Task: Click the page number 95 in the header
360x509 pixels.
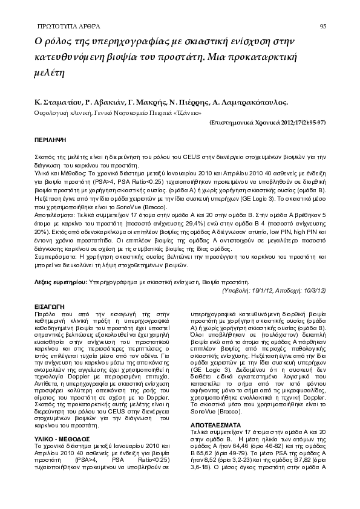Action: (x=323, y=27)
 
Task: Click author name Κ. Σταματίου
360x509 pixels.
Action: (x=58, y=102)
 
